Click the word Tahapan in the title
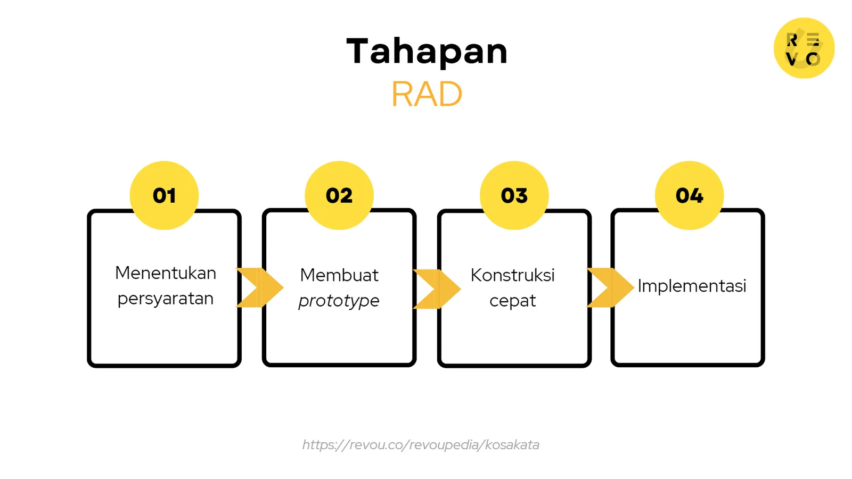[x=427, y=51]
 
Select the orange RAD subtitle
[x=427, y=94]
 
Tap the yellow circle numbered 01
[x=165, y=195]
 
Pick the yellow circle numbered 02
[x=339, y=195]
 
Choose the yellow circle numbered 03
[x=514, y=195]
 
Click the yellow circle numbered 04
[x=689, y=195]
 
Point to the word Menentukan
[x=166, y=273]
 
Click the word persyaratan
[x=166, y=299]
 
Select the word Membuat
[x=339, y=275]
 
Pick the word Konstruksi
[x=513, y=275]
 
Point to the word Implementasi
[x=692, y=286]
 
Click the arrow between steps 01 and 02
[x=260, y=287]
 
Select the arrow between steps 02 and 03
[x=437, y=289]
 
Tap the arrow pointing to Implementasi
[x=611, y=287]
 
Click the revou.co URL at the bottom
[x=421, y=445]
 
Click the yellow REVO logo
[x=804, y=48]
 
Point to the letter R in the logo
[x=792, y=40]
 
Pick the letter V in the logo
[x=792, y=59]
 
